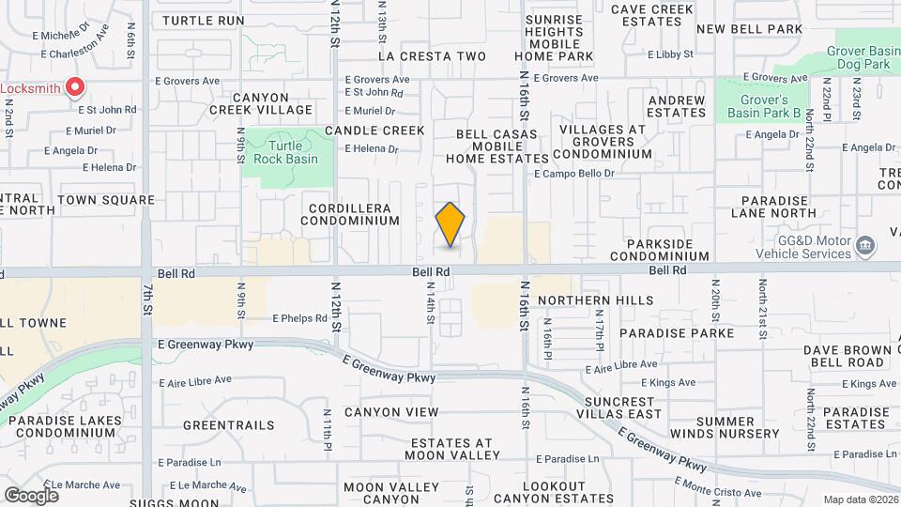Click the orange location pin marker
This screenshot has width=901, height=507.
click(x=450, y=224)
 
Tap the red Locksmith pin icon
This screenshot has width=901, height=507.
click(x=75, y=88)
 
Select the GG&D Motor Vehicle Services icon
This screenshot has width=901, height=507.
click(x=866, y=247)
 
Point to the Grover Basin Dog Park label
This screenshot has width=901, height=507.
click(x=863, y=58)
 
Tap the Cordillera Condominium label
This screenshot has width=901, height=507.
click(x=350, y=213)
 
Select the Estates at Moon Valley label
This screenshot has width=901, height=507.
click(x=451, y=449)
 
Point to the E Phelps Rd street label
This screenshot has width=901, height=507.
click(x=300, y=318)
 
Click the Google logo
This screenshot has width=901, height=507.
click(x=31, y=495)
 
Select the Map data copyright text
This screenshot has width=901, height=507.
click(x=860, y=499)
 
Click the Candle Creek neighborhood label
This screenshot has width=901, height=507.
click(x=374, y=131)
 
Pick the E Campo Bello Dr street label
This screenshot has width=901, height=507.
click(x=574, y=174)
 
